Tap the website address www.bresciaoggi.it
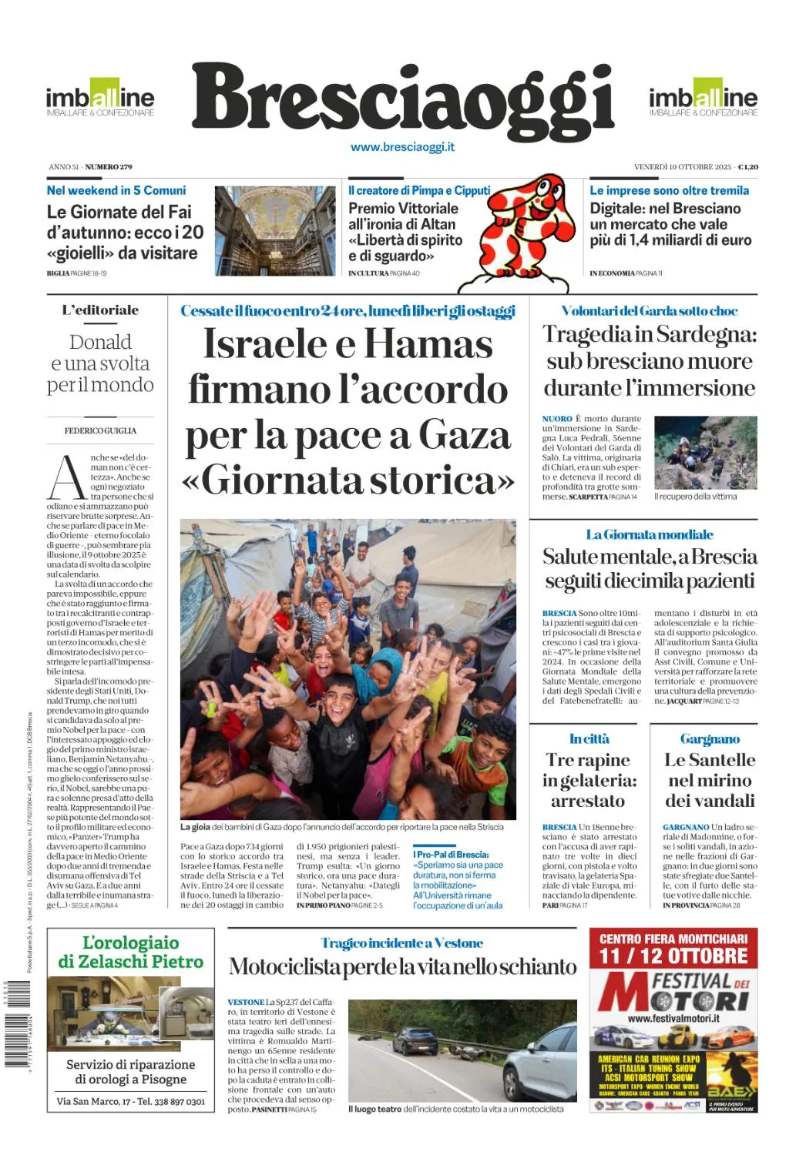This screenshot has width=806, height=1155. point(402,147)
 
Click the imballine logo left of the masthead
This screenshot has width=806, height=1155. point(100,99)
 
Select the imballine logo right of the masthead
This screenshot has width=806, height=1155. point(703,99)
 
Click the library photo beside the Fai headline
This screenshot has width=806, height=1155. point(275,230)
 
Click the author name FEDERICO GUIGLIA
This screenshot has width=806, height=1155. point(100,430)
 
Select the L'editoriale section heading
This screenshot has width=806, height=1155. point(100,310)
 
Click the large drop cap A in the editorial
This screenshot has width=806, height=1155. point(66,477)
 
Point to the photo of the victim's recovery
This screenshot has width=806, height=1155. point(705,453)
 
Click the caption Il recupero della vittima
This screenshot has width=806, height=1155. point(695,497)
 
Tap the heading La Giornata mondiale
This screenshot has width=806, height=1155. point(649,534)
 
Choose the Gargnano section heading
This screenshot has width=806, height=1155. point(710,739)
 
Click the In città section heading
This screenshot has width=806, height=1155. point(589,739)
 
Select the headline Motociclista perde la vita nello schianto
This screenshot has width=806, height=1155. point(402,967)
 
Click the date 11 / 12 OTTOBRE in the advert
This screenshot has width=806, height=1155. point(673,956)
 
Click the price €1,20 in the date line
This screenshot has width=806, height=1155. point(747,167)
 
